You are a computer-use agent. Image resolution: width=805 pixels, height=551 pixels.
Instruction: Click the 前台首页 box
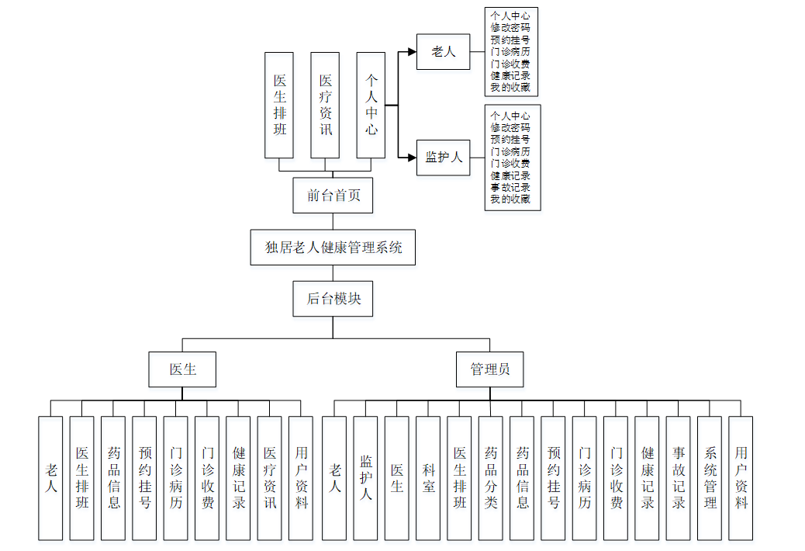pyautogui.click(x=333, y=195)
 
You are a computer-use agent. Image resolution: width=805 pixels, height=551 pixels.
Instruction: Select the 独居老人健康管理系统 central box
pyautogui.click(x=333, y=248)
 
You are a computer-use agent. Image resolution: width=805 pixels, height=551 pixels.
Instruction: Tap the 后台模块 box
pyautogui.click(x=333, y=298)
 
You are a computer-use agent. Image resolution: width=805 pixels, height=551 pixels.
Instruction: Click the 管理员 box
pyautogui.click(x=489, y=369)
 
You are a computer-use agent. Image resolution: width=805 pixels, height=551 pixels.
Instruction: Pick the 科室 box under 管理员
pyautogui.click(x=428, y=478)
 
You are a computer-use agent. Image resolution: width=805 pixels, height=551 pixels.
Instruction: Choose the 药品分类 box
pyautogui.click(x=491, y=478)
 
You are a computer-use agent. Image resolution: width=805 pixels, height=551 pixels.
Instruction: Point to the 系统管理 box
pyautogui.click(x=710, y=478)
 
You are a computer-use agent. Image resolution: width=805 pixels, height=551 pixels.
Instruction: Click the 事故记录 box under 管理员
pyautogui.click(x=679, y=478)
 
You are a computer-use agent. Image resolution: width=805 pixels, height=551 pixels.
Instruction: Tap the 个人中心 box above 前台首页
pyautogui.click(x=371, y=105)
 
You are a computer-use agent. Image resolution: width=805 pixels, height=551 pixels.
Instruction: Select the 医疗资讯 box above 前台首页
pyautogui.click(x=326, y=105)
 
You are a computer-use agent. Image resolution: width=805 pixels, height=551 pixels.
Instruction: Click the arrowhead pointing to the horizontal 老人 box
pyautogui.click(x=412, y=52)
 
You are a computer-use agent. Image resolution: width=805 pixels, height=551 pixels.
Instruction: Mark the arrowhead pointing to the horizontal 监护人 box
pyautogui.click(x=412, y=158)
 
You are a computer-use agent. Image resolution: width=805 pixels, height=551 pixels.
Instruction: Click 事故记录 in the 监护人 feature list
pyautogui.click(x=510, y=187)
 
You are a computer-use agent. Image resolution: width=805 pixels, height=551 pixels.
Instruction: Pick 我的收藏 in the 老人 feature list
pyautogui.click(x=510, y=88)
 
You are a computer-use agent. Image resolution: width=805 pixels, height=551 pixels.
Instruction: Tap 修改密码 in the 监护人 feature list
pyautogui.click(x=510, y=127)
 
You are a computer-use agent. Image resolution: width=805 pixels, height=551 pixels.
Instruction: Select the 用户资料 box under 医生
pyautogui.click(x=301, y=478)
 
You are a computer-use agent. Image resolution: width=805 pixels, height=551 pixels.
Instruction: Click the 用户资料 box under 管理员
pyautogui.click(x=741, y=478)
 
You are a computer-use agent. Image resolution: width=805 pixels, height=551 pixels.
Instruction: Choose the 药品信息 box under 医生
pyautogui.click(x=113, y=478)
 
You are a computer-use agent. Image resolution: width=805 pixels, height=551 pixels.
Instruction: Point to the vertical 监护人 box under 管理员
pyautogui.click(x=366, y=478)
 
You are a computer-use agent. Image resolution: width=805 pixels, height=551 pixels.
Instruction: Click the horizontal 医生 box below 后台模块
pyautogui.click(x=182, y=369)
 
